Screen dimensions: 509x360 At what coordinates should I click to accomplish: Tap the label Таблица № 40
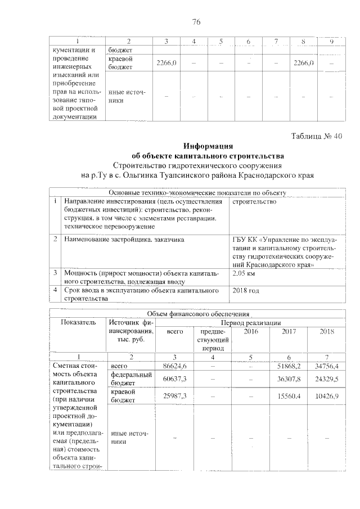pos(316,136)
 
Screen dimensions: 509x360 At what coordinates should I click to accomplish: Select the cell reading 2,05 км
pos(244,273)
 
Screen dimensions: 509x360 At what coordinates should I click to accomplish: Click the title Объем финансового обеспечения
pos(199,314)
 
